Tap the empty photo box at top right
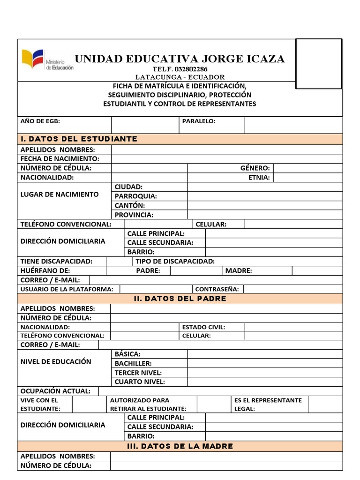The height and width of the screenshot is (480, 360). tap(318, 64)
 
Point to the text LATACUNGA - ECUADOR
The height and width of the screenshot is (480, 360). tap(180, 77)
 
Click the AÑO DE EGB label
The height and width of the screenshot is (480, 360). tap(40, 121)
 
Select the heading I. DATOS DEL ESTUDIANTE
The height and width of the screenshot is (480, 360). tap(79, 139)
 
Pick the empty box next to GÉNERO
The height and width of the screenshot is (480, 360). tap(307, 168)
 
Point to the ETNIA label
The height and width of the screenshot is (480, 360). tap(259, 178)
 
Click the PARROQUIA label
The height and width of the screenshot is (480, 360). tap(136, 196)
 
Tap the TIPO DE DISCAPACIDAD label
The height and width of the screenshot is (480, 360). tap(175, 261)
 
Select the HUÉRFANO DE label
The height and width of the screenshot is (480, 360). tap(45, 270)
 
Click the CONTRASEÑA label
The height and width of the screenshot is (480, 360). tap(217, 289)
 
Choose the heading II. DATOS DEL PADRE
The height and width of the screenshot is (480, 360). tap(180, 299)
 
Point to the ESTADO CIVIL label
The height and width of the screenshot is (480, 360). tap(203, 327)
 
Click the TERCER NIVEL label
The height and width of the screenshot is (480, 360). tap(138, 373)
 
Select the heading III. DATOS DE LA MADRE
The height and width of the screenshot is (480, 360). tap(180, 446)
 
